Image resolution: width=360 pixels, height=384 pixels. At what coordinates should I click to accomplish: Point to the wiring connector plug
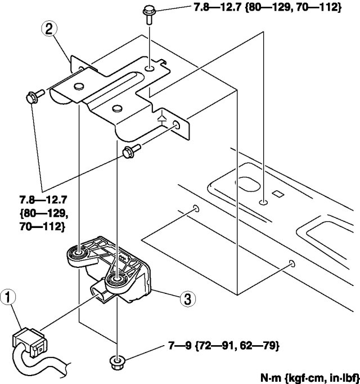pyautogui.click(x=27, y=343)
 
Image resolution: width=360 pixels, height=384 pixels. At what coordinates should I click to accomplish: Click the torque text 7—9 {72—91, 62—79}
pyautogui.click(x=220, y=344)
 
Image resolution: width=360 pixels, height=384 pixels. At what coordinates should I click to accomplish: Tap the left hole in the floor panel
pyautogui.click(x=195, y=208)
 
